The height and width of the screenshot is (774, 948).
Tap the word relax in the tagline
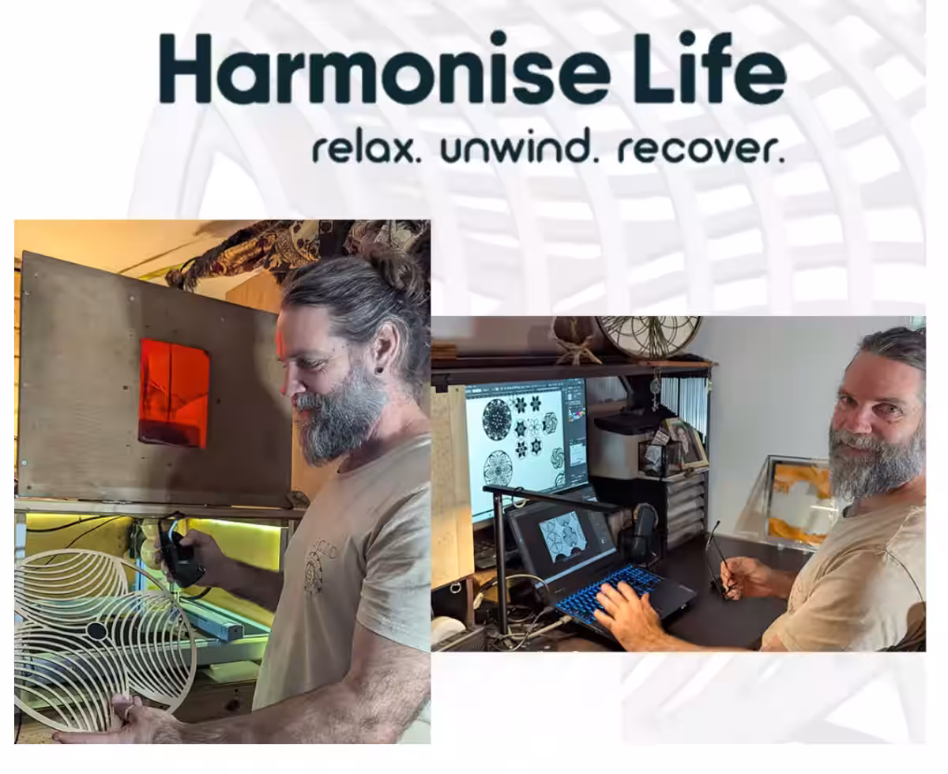click(x=367, y=149)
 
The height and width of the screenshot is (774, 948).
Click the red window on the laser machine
click(x=175, y=393)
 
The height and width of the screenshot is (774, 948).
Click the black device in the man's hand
click(x=180, y=560)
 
